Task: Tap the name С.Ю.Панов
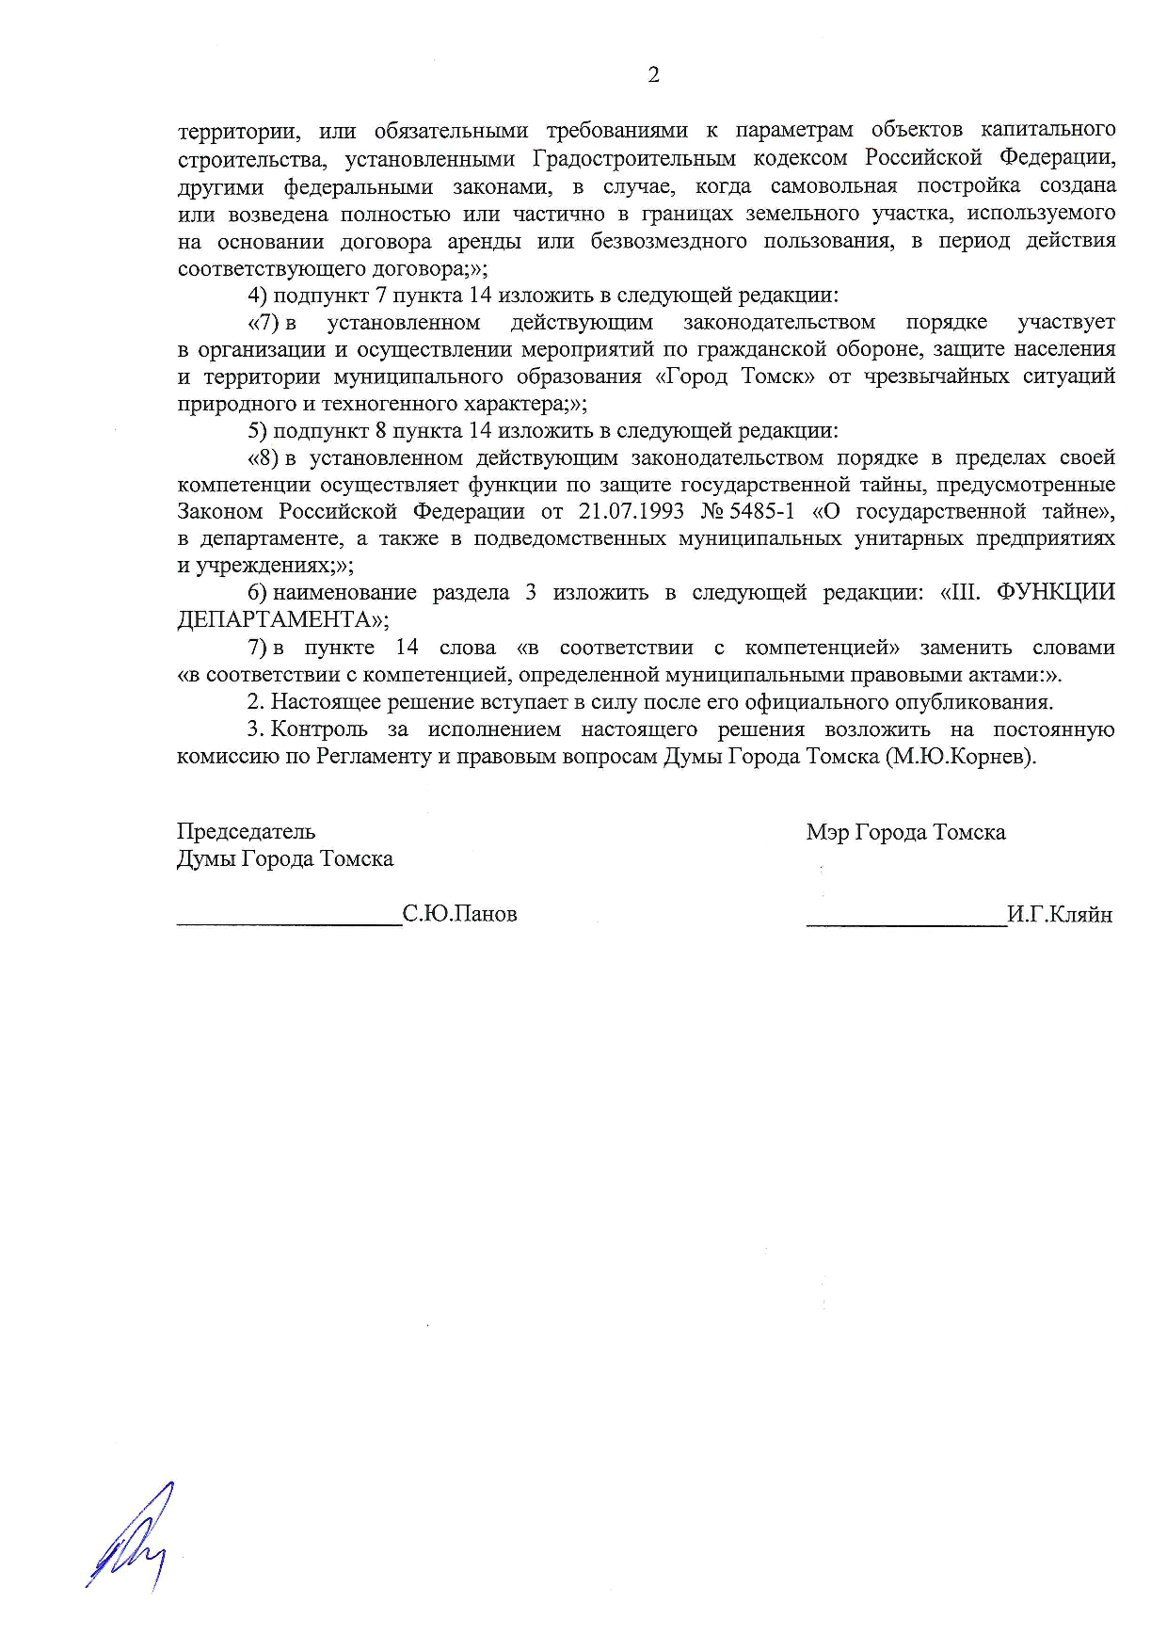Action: (460, 914)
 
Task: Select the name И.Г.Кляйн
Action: (1060, 914)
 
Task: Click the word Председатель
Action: (246, 831)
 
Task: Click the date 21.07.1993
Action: (631, 511)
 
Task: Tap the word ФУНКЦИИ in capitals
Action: (1055, 592)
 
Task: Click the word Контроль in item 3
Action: (319, 729)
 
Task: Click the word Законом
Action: (220, 511)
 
